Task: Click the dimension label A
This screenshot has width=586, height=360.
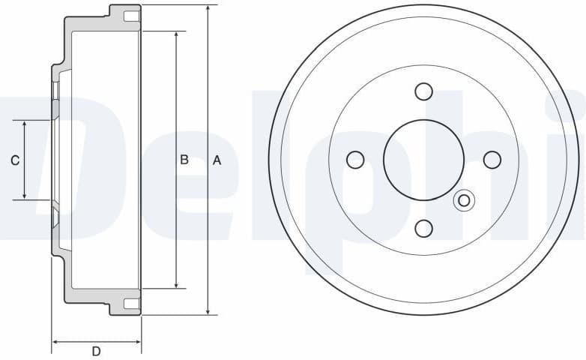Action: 217,160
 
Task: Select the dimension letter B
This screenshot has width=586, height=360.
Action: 184,160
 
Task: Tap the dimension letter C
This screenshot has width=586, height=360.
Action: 14,160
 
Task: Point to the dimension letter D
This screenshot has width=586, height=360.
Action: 96,351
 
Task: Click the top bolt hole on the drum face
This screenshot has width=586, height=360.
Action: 423,91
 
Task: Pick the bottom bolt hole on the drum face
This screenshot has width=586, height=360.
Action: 423,227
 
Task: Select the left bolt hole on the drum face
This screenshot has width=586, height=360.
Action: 355,160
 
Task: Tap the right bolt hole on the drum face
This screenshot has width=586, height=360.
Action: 492,160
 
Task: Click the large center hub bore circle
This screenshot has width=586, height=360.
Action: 423,160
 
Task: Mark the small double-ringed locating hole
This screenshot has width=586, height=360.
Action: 464,200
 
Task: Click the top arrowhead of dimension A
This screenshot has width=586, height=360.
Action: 208,8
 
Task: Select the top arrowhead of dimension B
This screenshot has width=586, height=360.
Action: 176,35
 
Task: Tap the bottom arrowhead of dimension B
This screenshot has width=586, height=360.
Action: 176,284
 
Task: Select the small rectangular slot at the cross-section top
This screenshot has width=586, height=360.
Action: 131,16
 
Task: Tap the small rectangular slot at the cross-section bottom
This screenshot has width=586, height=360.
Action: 131,303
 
